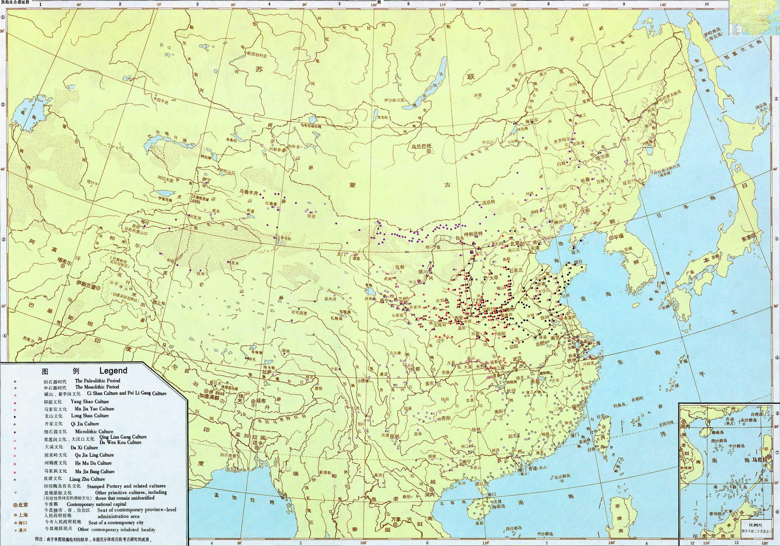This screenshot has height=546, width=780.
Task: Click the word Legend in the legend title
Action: click(x=113, y=370)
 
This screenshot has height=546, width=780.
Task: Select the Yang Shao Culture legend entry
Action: click(x=90, y=401)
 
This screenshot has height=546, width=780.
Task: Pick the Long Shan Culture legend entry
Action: click(x=90, y=416)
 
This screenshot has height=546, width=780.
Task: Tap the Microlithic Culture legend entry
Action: click(x=94, y=431)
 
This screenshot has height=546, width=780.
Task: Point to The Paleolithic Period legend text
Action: click(x=97, y=381)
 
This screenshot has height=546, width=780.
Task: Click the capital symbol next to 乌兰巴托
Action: click(x=429, y=151)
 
